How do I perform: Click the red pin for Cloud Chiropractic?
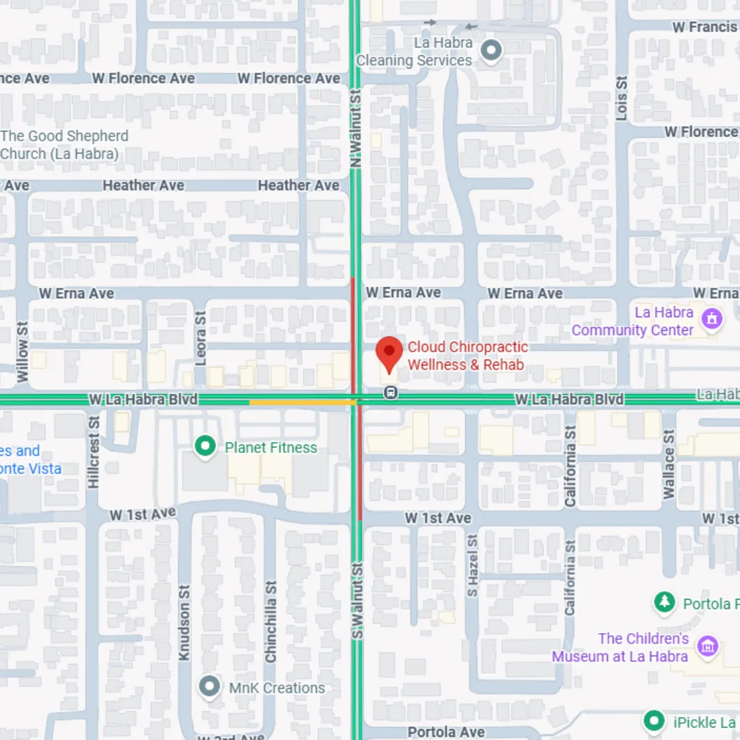click(x=389, y=351)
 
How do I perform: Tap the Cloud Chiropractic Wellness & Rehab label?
click(x=467, y=356)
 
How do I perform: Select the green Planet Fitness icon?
click(x=204, y=447)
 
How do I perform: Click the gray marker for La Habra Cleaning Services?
click(x=491, y=51)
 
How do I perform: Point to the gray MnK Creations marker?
click(x=209, y=687)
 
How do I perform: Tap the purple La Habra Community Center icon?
click(x=713, y=319)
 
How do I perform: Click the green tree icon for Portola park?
click(x=663, y=603)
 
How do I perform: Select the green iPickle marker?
click(x=654, y=721)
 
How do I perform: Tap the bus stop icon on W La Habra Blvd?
click(x=391, y=393)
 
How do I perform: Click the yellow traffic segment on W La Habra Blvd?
click(x=301, y=402)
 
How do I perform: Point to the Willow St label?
click(x=23, y=351)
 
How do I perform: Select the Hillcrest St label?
click(x=94, y=452)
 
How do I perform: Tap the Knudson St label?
click(x=184, y=622)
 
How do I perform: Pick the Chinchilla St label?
click(x=271, y=622)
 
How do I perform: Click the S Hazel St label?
click(x=472, y=565)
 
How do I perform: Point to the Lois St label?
click(x=621, y=98)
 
